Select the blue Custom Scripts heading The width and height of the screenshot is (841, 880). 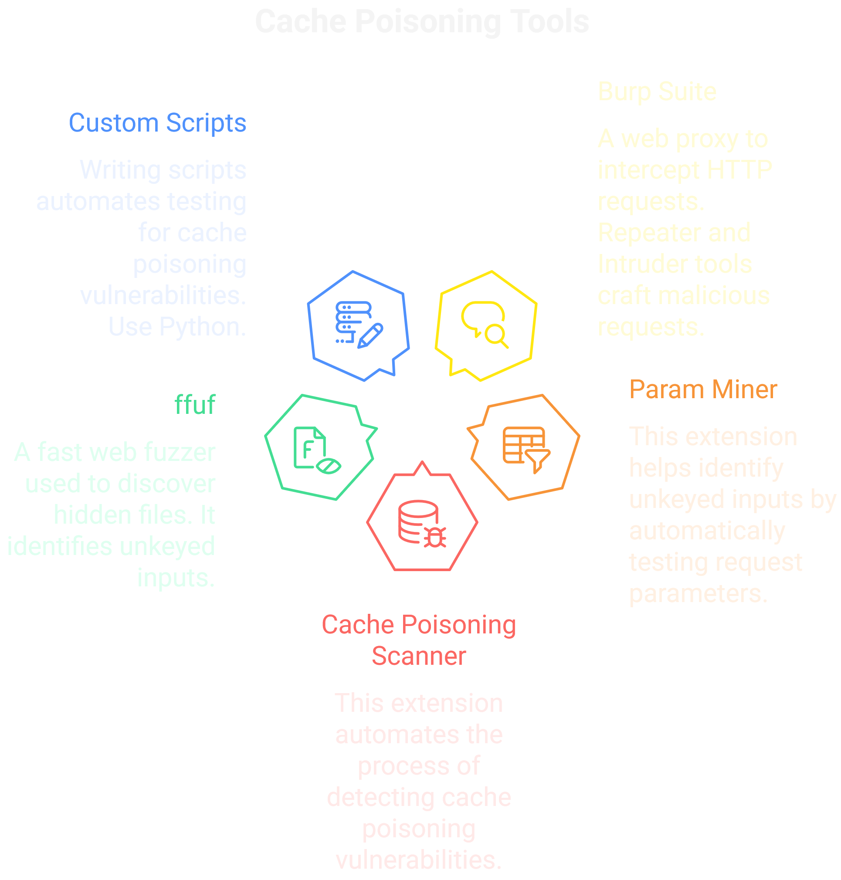(x=157, y=123)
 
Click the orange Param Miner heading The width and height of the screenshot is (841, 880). (x=702, y=389)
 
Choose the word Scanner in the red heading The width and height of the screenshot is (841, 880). (x=419, y=656)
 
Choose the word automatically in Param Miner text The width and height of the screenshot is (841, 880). (x=706, y=531)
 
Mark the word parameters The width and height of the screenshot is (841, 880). (x=698, y=594)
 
